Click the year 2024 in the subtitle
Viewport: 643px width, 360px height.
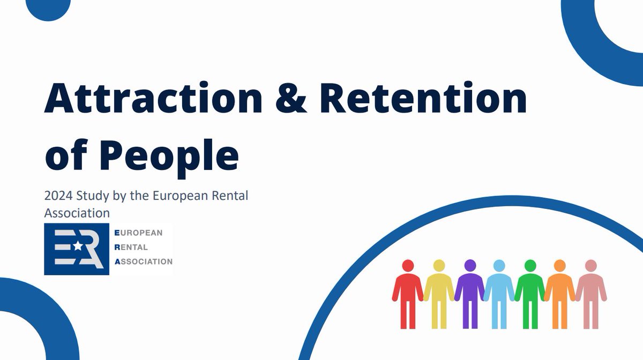click(58, 196)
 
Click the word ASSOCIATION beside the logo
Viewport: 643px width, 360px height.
click(143, 262)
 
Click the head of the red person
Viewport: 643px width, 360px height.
click(408, 266)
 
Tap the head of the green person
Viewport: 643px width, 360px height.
click(530, 266)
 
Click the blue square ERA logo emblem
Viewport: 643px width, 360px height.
click(77, 249)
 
